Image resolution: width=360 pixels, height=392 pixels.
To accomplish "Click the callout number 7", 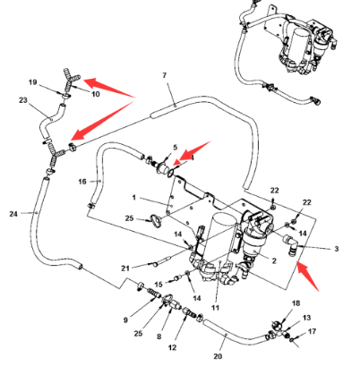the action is click(165, 75).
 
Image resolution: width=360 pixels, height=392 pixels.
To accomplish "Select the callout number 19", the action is click(33, 82).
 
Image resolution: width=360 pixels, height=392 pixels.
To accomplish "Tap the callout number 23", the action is click(23, 100).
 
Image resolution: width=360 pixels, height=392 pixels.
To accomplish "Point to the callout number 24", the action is click(13, 214).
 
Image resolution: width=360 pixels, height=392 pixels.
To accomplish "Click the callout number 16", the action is click(82, 182).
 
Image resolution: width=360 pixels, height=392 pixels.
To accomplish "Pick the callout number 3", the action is click(337, 249).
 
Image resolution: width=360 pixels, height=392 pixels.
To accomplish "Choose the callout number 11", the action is click(215, 308).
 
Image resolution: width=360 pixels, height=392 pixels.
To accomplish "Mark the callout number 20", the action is click(218, 356).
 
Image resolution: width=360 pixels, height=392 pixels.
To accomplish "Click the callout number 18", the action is click(296, 303).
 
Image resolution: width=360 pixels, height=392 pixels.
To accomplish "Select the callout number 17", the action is click(312, 331).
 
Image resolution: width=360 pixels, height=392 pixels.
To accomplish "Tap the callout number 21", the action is click(125, 268).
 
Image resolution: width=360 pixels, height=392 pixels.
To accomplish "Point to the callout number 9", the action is click(125, 320).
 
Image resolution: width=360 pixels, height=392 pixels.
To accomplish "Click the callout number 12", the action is click(172, 347).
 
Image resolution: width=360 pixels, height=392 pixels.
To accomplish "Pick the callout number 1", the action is click(134, 198).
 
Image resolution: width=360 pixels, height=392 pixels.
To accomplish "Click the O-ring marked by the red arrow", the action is click(170, 173).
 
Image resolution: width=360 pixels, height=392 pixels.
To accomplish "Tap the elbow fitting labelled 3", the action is click(289, 243).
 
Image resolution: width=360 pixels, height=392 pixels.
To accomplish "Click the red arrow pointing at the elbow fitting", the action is click(307, 276).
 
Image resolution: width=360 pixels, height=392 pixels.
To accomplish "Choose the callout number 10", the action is click(96, 94).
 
